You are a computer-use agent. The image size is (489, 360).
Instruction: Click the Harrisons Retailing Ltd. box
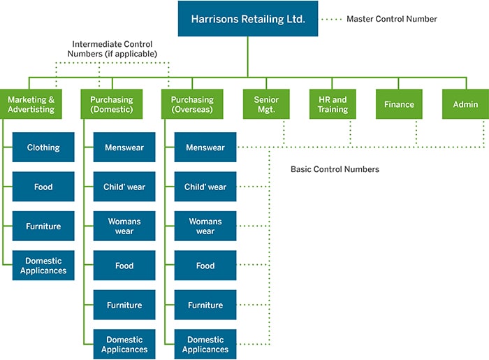(247, 19)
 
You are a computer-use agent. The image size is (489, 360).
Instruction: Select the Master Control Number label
(391, 19)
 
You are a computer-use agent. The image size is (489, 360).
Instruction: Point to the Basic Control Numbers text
(335, 169)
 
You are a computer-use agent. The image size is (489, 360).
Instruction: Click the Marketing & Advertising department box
(31, 104)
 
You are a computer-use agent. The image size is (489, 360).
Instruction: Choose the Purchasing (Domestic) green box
(112, 104)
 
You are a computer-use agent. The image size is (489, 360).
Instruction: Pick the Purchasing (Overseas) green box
(193, 104)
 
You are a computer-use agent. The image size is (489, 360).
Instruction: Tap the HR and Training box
(333, 104)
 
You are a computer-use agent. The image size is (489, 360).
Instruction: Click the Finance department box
(399, 104)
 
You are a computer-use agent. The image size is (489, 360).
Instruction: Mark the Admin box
(465, 104)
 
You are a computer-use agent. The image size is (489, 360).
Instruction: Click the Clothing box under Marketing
(43, 147)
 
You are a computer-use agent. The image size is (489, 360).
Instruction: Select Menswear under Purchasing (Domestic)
(124, 147)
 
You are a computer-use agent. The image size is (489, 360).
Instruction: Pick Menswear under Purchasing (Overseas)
(205, 147)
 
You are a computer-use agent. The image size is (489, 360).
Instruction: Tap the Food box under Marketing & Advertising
(43, 187)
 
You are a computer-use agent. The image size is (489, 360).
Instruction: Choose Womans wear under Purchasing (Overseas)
(205, 226)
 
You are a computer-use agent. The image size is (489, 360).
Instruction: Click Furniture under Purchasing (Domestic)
(124, 305)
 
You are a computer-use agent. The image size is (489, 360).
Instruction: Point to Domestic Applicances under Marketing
(43, 266)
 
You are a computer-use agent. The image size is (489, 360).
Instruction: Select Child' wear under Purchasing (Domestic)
(124, 187)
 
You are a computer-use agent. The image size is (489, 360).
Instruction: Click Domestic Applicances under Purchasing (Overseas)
(205, 344)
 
